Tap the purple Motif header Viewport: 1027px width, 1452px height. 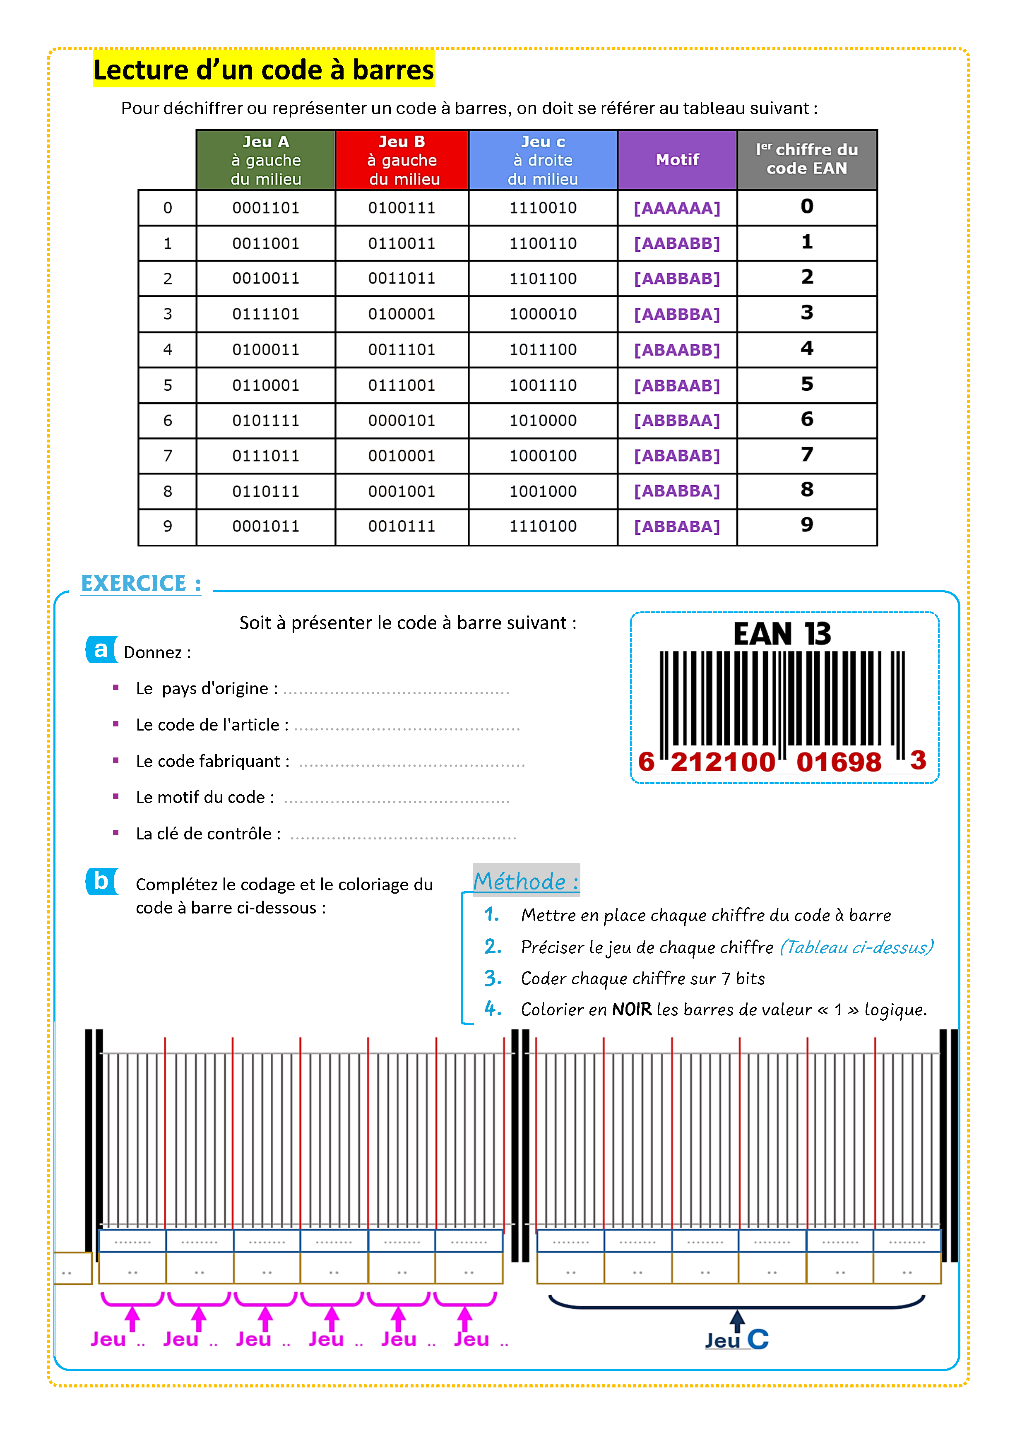point(677,160)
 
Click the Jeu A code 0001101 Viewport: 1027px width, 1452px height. point(266,208)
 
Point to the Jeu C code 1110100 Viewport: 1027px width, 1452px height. point(543,526)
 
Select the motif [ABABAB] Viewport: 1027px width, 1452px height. point(677,456)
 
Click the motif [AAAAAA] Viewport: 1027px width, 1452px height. point(677,208)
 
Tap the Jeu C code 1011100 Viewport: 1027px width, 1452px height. point(543,350)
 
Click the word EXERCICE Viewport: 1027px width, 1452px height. point(134,584)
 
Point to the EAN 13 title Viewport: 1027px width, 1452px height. point(782,634)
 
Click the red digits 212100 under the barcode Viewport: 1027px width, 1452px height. point(723,762)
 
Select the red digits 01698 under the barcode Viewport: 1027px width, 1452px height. point(839,762)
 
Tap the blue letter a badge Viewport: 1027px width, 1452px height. point(101,649)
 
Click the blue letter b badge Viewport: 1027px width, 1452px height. point(101,881)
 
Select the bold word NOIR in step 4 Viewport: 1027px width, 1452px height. point(631,1009)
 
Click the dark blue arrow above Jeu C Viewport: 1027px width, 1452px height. point(737,1320)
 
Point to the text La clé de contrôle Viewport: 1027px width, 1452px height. point(208,834)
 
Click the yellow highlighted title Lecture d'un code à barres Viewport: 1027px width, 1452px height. point(264,70)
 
